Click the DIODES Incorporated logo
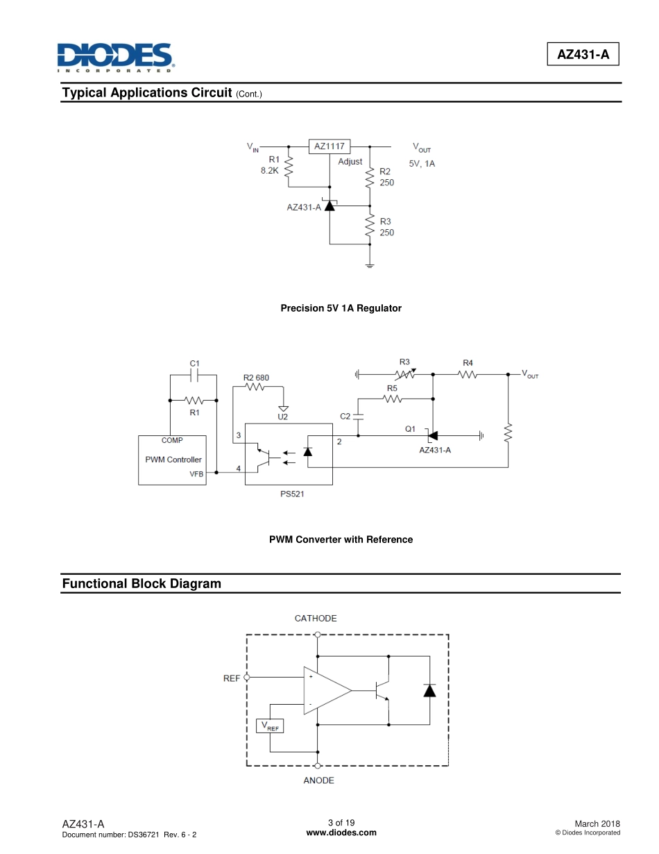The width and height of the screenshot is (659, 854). [x=115, y=58]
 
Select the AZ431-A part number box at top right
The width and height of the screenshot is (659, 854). [x=583, y=55]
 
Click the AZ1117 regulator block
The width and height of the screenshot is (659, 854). [x=329, y=146]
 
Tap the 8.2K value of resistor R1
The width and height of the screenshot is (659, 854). [x=270, y=170]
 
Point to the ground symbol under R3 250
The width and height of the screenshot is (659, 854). [x=370, y=266]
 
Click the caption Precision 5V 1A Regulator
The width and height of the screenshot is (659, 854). [x=341, y=308]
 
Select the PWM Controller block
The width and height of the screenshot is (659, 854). [x=173, y=460]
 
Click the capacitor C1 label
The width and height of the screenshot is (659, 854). [x=195, y=363]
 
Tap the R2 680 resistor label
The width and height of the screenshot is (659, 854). [x=256, y=378]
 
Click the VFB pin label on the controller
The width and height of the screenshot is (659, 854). [x=196, y=474]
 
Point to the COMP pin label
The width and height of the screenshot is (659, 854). [x=172, y=440]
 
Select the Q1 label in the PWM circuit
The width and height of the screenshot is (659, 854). [x=410, y=429]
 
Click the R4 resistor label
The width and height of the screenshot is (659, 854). [x=468, y=362]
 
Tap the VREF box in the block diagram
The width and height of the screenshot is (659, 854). [x=270, y=726]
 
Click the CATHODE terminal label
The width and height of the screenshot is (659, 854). [x=316, y=618]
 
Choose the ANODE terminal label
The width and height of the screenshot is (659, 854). [x=318, y=780]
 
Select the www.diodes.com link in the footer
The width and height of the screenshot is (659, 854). [x=341, y=832]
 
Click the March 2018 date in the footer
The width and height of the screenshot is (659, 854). [x=597, y=823]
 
